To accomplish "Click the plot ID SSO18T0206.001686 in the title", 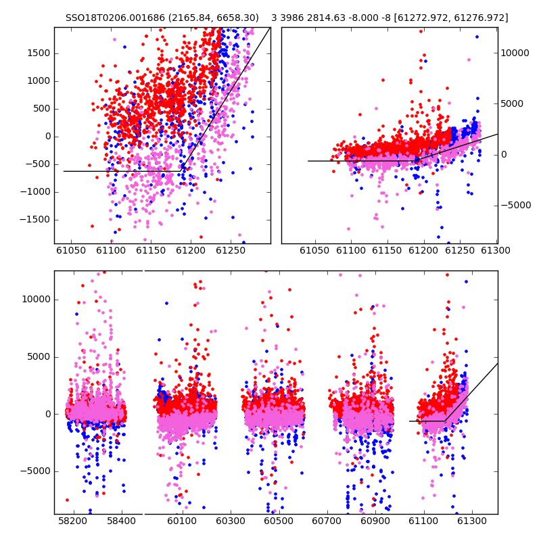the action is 115,18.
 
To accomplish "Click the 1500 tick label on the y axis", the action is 39,53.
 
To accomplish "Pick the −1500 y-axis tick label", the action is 35,219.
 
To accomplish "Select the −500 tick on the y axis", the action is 38,164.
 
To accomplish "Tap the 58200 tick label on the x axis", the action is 72,521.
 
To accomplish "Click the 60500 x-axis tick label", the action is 278,521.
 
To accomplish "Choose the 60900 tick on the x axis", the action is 375,521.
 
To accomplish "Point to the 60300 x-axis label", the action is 230,521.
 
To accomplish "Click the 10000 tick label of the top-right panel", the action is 515,53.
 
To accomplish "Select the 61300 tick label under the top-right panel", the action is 496,250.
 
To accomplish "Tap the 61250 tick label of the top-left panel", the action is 231,250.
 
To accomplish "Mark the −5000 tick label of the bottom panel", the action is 35,471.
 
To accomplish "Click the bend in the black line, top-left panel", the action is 181,171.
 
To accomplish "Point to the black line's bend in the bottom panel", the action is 445,421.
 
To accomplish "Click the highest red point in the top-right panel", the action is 421,31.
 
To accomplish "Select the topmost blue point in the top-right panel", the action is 477,37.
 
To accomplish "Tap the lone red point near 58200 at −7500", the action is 67,500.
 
